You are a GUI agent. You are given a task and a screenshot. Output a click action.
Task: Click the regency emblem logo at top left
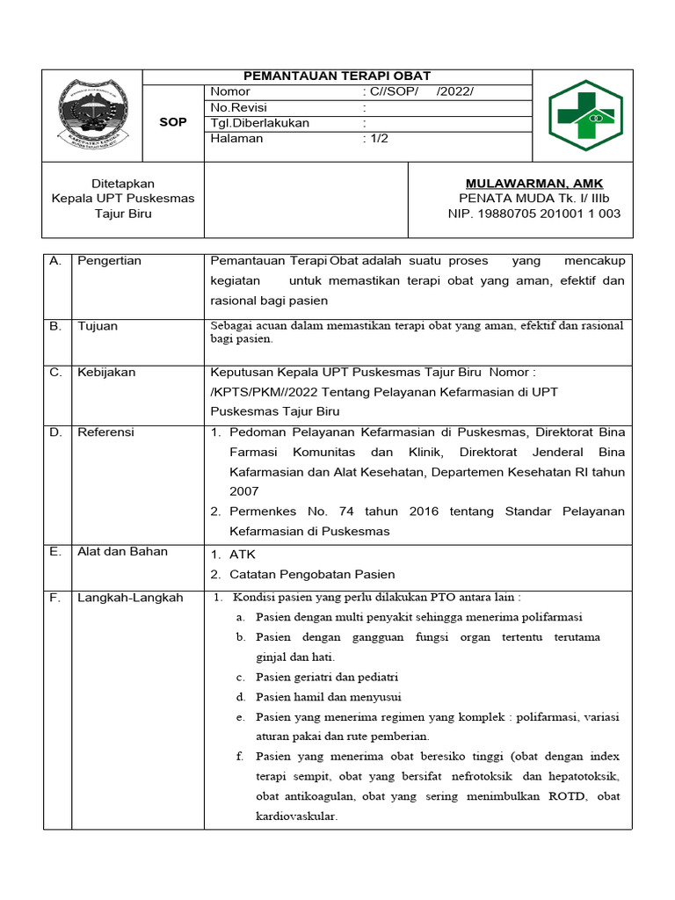tap(92, 114)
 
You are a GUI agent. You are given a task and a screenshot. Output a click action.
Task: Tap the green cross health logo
tap(584, 115)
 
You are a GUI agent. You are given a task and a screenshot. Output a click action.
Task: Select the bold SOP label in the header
tap(172, 122)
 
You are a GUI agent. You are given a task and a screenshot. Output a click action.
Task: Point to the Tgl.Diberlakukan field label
tap(259, 123)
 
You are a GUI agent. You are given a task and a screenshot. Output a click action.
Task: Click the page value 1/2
tap(379, 139)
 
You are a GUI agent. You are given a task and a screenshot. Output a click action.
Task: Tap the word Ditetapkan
tap(123, 183)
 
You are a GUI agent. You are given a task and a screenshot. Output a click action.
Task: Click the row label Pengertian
tap(109, 261)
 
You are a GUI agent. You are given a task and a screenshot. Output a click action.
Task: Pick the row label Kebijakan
tap(106, 372)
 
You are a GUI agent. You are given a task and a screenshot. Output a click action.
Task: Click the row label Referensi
tap(105, 432)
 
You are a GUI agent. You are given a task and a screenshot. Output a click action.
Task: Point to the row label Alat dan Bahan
tap(122, 551)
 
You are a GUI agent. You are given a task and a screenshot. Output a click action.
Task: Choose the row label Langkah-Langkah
tap(130, 598)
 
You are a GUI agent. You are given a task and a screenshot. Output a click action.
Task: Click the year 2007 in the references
tap(244, 491)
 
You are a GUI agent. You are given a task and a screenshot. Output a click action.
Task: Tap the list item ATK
tap(242, 555)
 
